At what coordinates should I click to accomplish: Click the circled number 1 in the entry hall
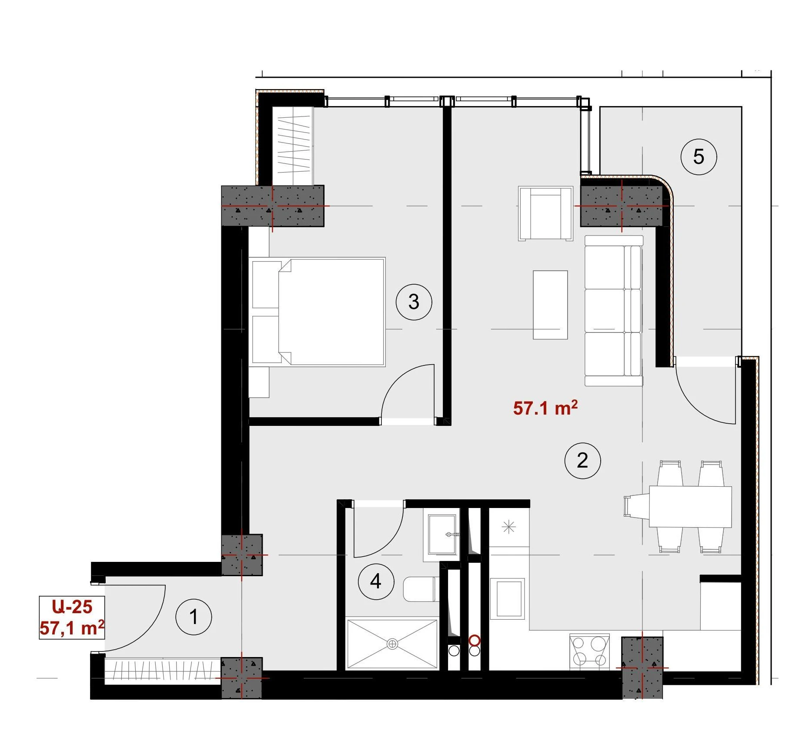194,617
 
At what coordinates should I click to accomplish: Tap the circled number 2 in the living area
582,461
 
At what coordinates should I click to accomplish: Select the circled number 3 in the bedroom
414,302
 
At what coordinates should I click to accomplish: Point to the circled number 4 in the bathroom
376,581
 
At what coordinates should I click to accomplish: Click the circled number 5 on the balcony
699,157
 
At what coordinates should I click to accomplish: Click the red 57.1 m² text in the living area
545,408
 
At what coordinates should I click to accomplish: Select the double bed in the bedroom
317,312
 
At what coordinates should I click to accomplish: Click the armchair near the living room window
545,213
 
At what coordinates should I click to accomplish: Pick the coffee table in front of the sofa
550,305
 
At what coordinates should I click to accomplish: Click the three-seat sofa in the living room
613,311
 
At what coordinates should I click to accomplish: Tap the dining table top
690,507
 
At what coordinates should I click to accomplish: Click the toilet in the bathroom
421,589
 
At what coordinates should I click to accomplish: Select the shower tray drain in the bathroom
392,644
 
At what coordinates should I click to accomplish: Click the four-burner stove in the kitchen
590,652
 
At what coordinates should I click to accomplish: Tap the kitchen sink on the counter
507,598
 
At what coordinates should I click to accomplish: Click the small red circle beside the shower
475,641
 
